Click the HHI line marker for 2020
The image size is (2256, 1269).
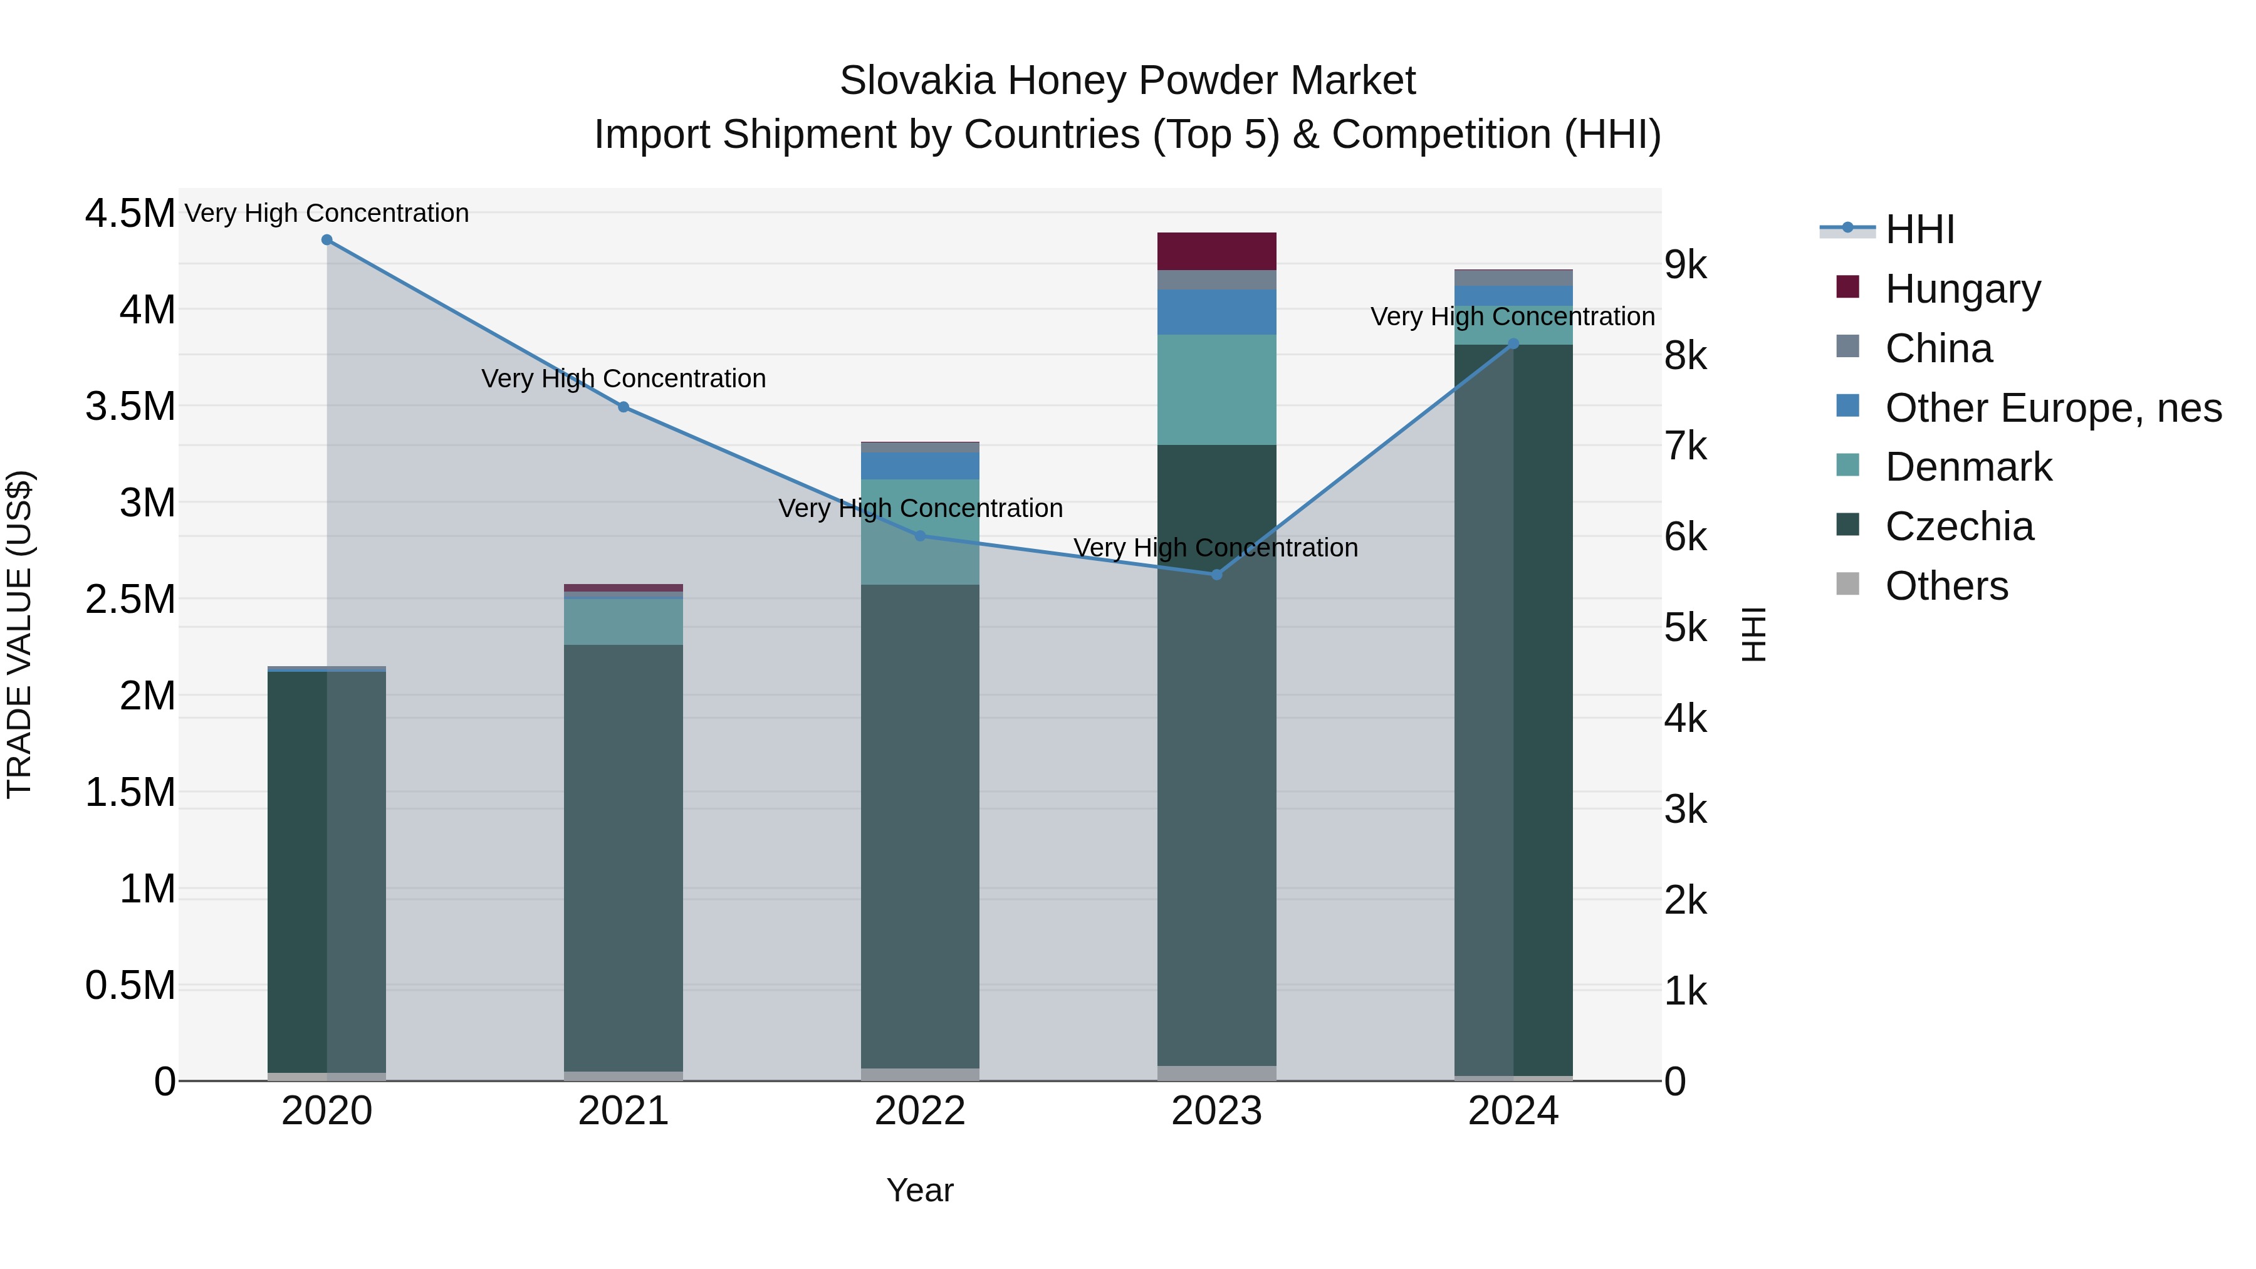[x=326, y=239]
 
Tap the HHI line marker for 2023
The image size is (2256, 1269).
[x=1216, y=575]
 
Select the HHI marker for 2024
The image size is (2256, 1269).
[x=1513, y=343]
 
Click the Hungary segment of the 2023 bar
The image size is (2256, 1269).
[x=1216, y=251]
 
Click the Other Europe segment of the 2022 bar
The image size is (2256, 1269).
[x=919, y=465]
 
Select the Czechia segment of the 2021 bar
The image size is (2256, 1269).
[x=623, y=859]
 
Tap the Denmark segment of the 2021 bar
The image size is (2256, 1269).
[x=623, y=622]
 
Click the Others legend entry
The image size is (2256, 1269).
[x=1945, y=586]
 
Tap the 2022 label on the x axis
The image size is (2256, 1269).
[x=919, y=1111]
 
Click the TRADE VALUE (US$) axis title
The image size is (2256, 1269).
[x=19, y=634]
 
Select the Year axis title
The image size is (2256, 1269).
[x=919, y=1190]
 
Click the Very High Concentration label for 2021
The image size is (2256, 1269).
[x=623, y=379]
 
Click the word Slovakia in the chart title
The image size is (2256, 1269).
[x=916, y=81]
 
